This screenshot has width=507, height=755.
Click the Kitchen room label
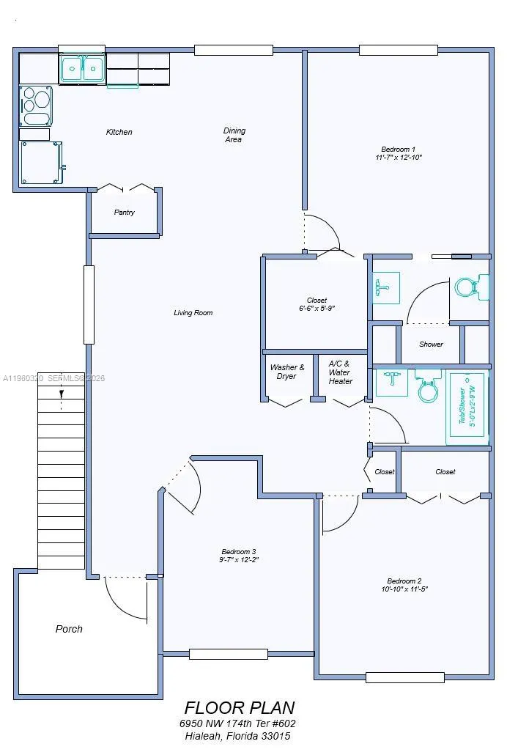coord(119,132)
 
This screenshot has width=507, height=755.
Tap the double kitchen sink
coord(82,68)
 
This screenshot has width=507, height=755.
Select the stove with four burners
coord(36,106)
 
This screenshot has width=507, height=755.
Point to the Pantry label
coord(125,213)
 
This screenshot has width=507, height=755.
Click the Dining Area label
coord(234,135)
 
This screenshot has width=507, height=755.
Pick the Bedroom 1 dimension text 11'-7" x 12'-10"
coord(399,158)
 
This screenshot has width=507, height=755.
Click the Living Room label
coord(193,313)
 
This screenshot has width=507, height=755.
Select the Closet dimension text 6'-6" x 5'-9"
coord(317,308)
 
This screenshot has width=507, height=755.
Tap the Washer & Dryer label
coord(287,372)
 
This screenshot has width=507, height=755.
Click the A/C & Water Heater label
coord(341,372)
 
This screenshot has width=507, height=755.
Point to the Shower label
coord(431,345)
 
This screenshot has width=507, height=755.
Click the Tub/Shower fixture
coord(467,408)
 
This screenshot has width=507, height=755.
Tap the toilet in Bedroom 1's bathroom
coord(471,287)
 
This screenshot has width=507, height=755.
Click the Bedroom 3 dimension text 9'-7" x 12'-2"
coord(239,560)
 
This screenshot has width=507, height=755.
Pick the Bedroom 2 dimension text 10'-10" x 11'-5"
coord(404,589)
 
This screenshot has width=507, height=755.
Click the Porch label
coord(69,629)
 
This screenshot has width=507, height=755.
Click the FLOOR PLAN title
coord(240,708)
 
